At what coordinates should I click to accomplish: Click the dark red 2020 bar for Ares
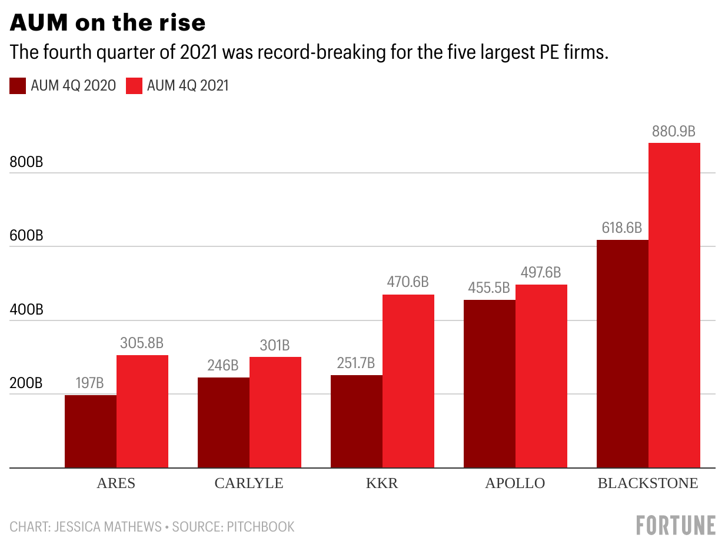coord(91,431)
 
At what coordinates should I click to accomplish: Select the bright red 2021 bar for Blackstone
coord(674,306)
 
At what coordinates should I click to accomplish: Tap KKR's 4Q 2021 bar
coord(408,381)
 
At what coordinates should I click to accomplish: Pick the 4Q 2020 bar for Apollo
coord(490,383)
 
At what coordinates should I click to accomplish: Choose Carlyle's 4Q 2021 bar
coord(275,412)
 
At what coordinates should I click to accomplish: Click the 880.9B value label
coord(674,131)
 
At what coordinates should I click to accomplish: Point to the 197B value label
coord(90,383)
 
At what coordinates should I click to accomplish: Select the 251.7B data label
coord(356,363)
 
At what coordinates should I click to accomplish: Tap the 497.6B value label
coord(541,273)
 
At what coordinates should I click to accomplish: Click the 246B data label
coord(223,366)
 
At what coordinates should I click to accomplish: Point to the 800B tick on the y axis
coord(26,163)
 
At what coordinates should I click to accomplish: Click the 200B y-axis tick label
coord(26,384)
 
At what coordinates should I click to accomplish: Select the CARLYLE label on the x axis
coord(249,483)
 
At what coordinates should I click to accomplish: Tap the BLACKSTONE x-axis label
coord(648,483)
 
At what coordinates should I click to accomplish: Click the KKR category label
coord(382,483)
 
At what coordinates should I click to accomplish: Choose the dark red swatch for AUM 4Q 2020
coord(18,86)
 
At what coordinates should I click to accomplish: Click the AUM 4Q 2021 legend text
coord(188,86)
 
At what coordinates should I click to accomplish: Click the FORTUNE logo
coord(676,525)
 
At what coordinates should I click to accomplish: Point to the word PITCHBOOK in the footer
coord(260,526)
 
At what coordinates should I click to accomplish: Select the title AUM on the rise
coord(108,22)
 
